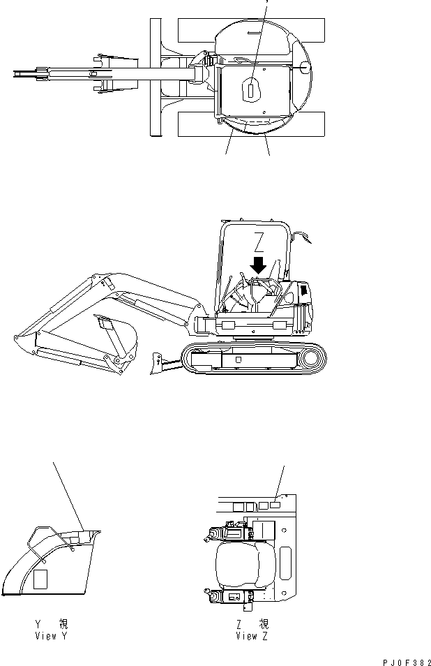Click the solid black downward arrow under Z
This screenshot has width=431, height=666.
258,265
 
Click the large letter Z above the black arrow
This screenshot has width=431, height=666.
258,242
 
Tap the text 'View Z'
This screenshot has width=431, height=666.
252,636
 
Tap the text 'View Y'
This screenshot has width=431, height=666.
52,636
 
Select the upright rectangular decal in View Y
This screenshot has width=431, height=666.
40,579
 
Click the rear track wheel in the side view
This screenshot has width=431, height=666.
312,359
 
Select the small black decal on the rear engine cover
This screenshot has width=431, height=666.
304,290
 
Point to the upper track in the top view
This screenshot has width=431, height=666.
251,30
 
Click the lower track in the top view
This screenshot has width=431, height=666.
251,124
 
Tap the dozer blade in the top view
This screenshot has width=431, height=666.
156,77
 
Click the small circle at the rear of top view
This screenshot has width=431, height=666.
305,66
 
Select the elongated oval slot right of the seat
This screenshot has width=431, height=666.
285,563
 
